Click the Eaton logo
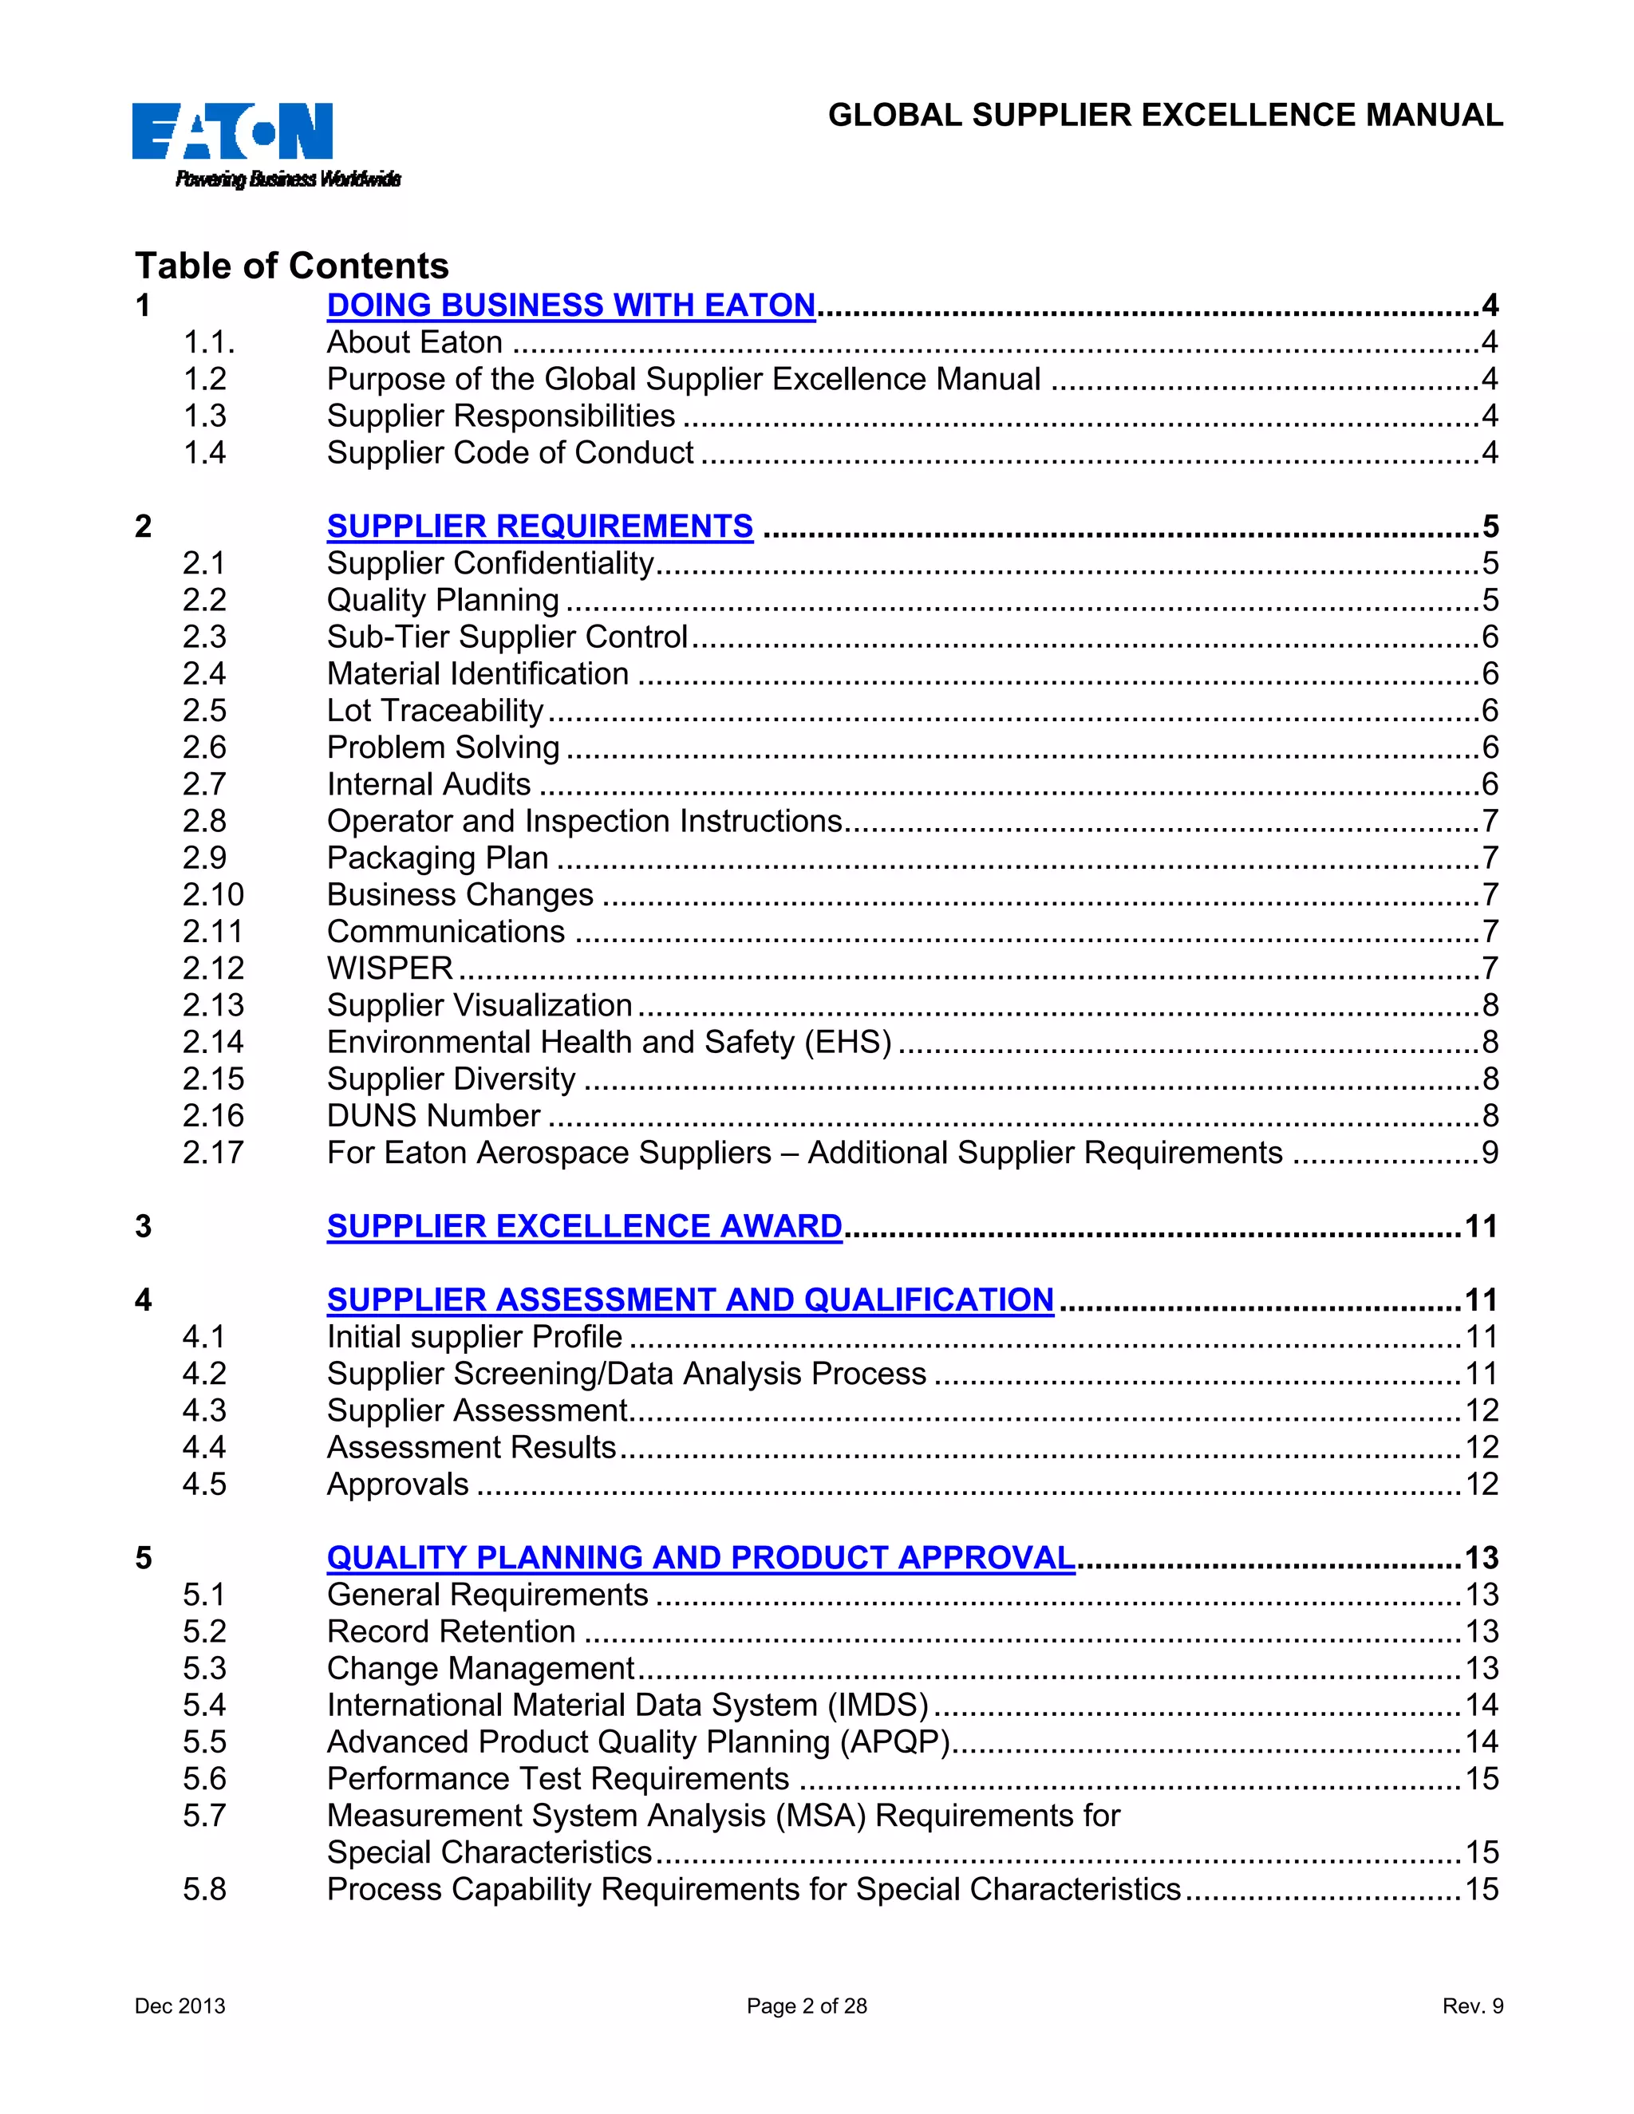[232, 132]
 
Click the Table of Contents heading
[291, 265]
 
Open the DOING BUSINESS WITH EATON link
[570, 305]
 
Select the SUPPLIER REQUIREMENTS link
[539, 526]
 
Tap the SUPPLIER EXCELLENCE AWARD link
[584, 1225]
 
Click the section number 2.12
[213, 968]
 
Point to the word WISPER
[389, 968]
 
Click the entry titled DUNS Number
[432, 1115]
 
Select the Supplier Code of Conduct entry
[509, 452]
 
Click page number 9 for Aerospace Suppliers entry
[1489, 1152]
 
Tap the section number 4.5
[203, 1484]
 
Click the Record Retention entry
[450, 1631]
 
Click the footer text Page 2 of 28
[807, 2006]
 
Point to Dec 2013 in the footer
[180, 2006]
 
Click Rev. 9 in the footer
[1471, 2006]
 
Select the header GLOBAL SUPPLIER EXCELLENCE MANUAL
[1165, 115]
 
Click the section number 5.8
[203, 1888]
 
